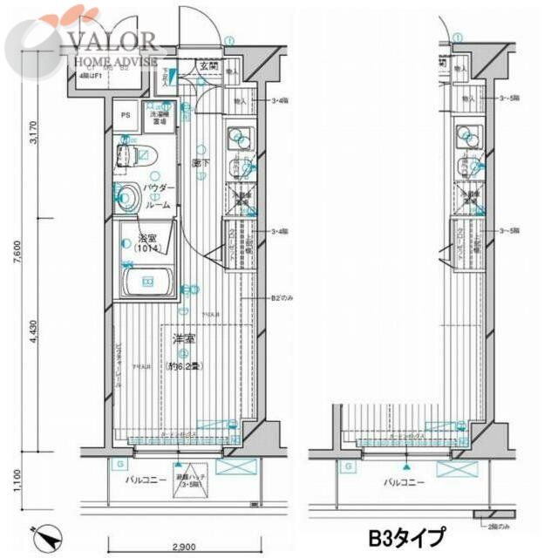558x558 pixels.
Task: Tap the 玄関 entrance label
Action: [208, 65]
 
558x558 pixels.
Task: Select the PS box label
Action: [126, 114]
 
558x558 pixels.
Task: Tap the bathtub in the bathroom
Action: [146, 282]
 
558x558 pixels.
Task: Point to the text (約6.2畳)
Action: [183, 367]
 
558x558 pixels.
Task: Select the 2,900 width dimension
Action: [182, 547]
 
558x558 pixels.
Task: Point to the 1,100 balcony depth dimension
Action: [32, 480]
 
